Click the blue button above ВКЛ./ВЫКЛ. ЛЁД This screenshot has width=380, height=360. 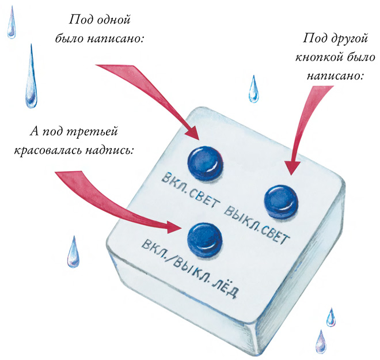206,237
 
